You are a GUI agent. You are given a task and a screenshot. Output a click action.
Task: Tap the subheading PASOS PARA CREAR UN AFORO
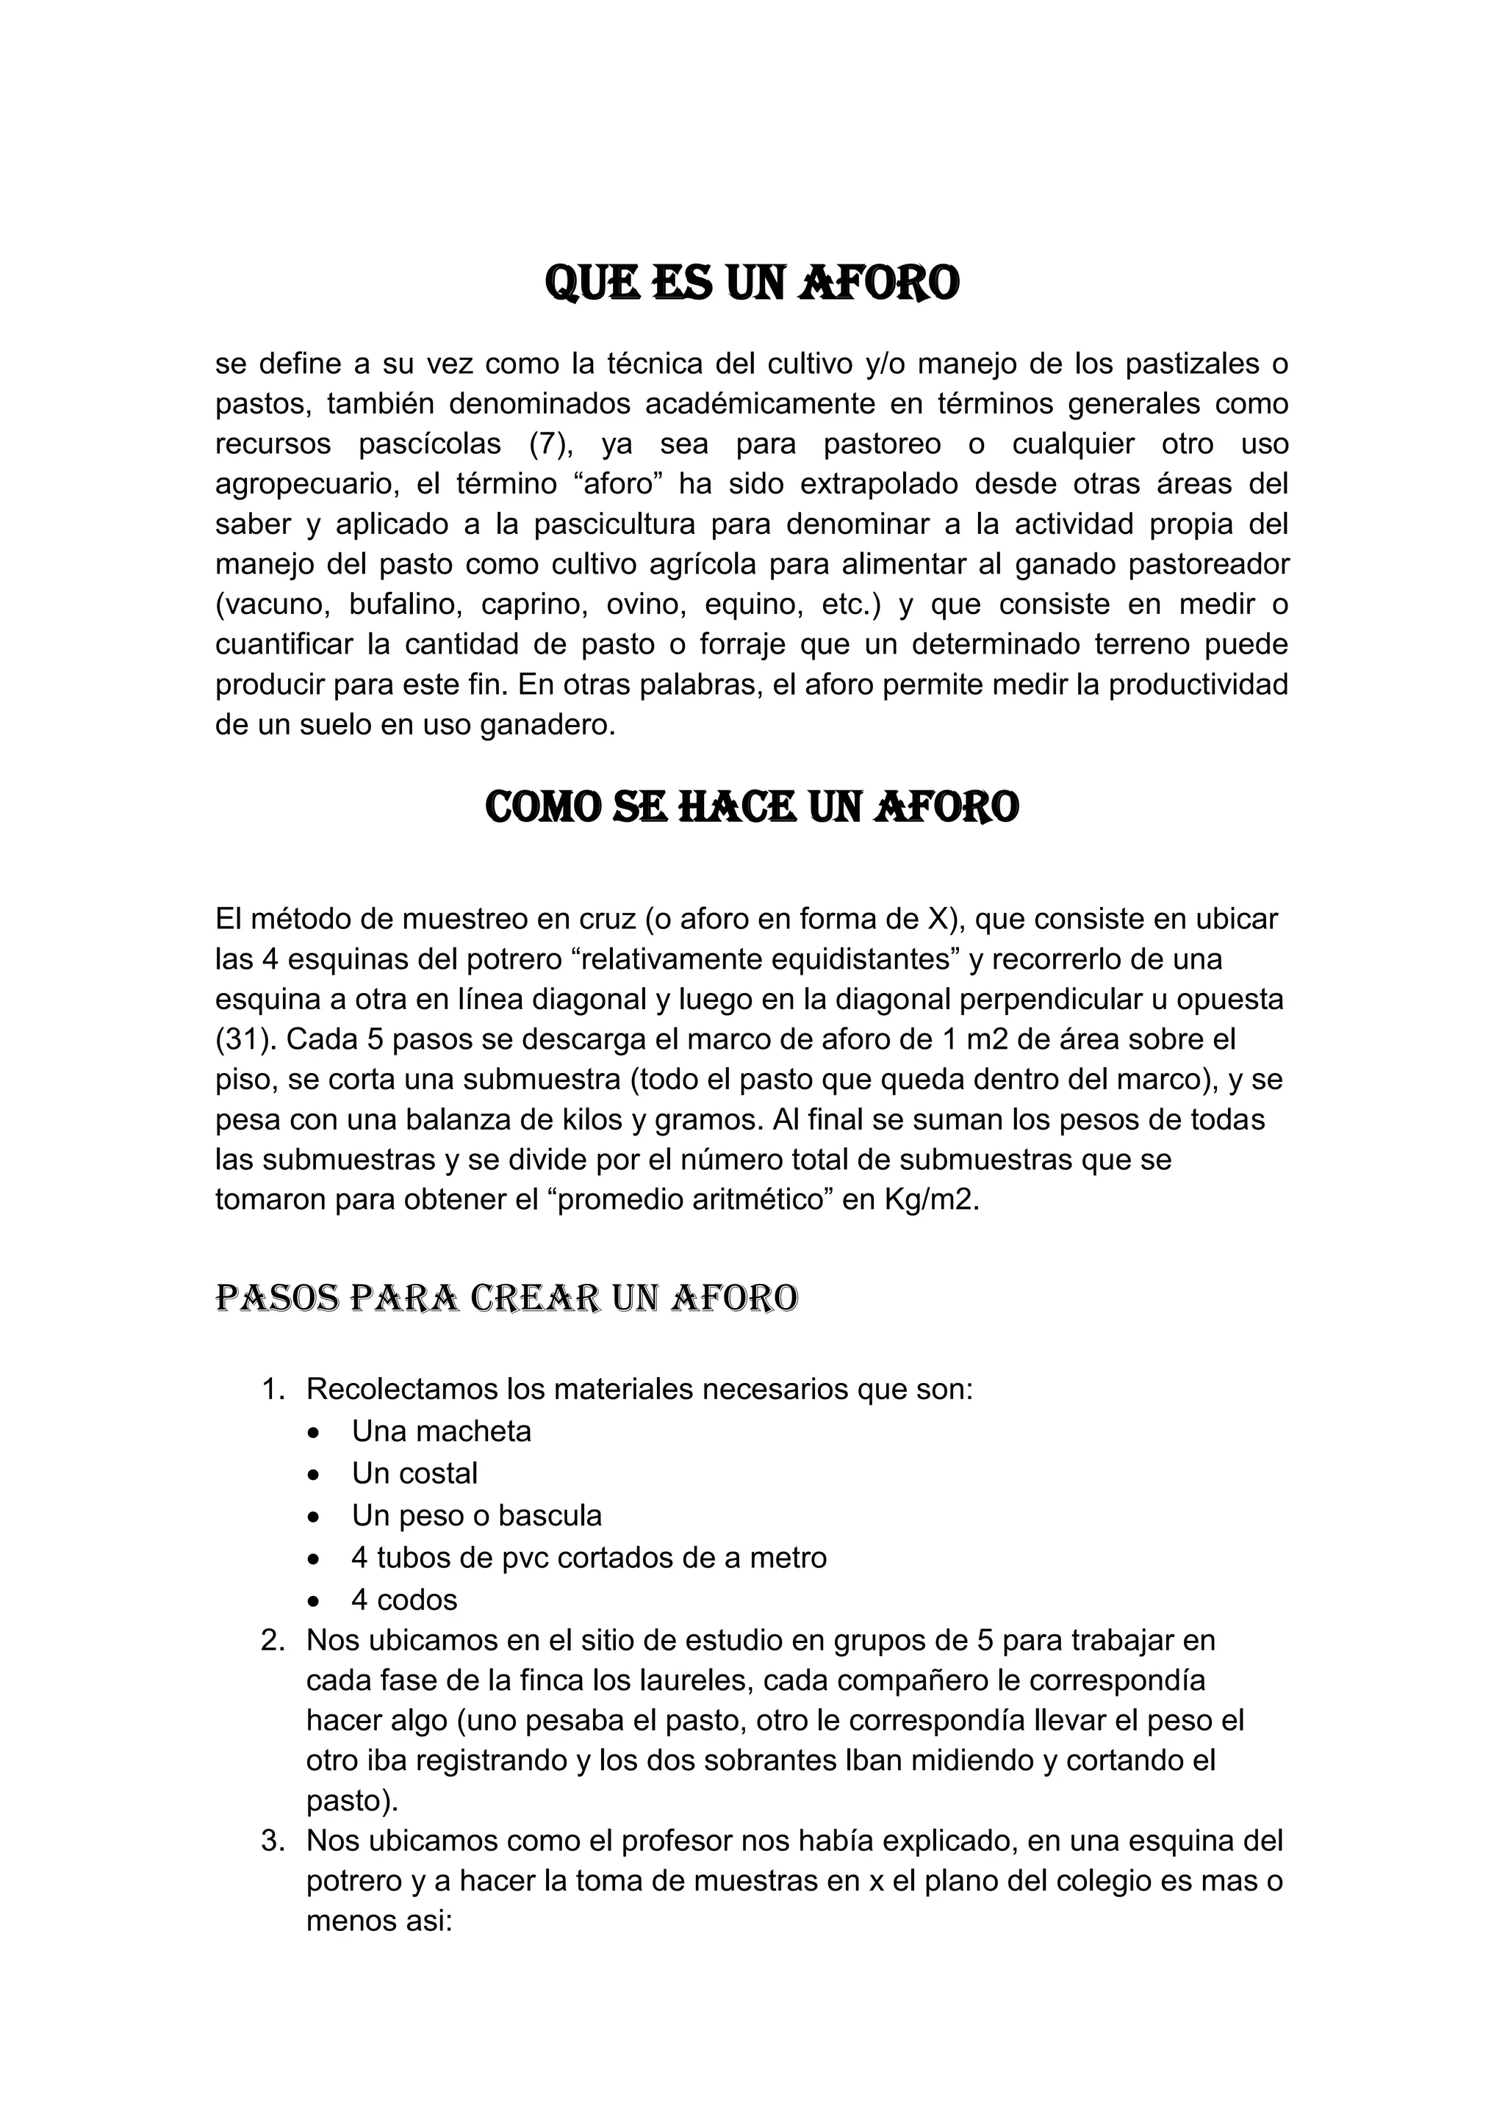click(x=506, y=1298)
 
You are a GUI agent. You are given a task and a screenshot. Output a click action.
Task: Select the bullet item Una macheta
click(x=441, y=1431)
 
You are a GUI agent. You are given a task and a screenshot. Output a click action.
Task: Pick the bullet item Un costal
click(x=414, y=1473)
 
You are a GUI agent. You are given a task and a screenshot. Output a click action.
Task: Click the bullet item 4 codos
click(x=404, y=1599)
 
